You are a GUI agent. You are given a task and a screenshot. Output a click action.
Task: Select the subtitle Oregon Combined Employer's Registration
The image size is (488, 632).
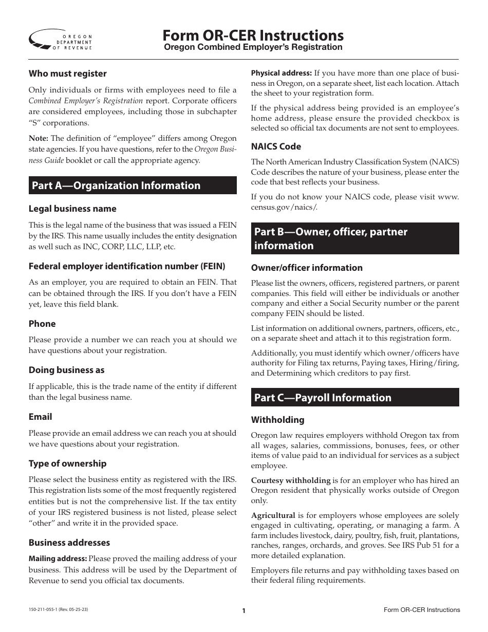(x=253, y=47)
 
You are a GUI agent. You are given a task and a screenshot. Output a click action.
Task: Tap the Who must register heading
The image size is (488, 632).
(x=67, y=73)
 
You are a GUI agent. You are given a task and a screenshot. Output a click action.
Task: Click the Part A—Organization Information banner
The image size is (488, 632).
(x=133, y=185)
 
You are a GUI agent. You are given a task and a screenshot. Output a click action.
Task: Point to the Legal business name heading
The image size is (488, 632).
(x=72, y=209)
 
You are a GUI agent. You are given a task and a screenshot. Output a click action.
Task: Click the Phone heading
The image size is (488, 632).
(x=42, y=324)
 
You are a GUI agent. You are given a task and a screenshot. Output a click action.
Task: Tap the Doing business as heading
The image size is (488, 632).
(x=66, y=370)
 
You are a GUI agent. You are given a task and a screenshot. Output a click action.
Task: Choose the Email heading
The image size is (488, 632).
(x=40, y=417)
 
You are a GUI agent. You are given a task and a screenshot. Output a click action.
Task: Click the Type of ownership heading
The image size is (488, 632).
(x=67, y=463)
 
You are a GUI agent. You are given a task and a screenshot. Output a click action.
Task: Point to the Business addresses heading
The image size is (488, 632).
(x=69, y=543)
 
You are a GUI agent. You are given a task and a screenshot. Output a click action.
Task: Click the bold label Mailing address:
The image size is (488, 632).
(x=58, y=559)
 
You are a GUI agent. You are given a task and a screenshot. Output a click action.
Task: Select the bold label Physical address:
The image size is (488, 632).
(x=281, y=73)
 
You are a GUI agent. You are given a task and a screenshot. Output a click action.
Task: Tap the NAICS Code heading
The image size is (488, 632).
(x=276, y=146)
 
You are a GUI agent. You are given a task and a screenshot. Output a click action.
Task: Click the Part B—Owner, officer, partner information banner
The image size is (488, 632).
(x=355, y=238)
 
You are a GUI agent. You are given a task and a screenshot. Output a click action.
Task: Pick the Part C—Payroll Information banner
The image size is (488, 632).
(x=355, y=398)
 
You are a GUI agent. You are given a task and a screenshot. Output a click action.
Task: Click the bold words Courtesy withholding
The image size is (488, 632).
(x=290, y=480)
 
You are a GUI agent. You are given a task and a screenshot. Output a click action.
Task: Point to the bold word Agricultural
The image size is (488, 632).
(x=273, y=515)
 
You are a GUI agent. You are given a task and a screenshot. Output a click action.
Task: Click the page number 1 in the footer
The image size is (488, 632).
(x=244, y=611)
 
